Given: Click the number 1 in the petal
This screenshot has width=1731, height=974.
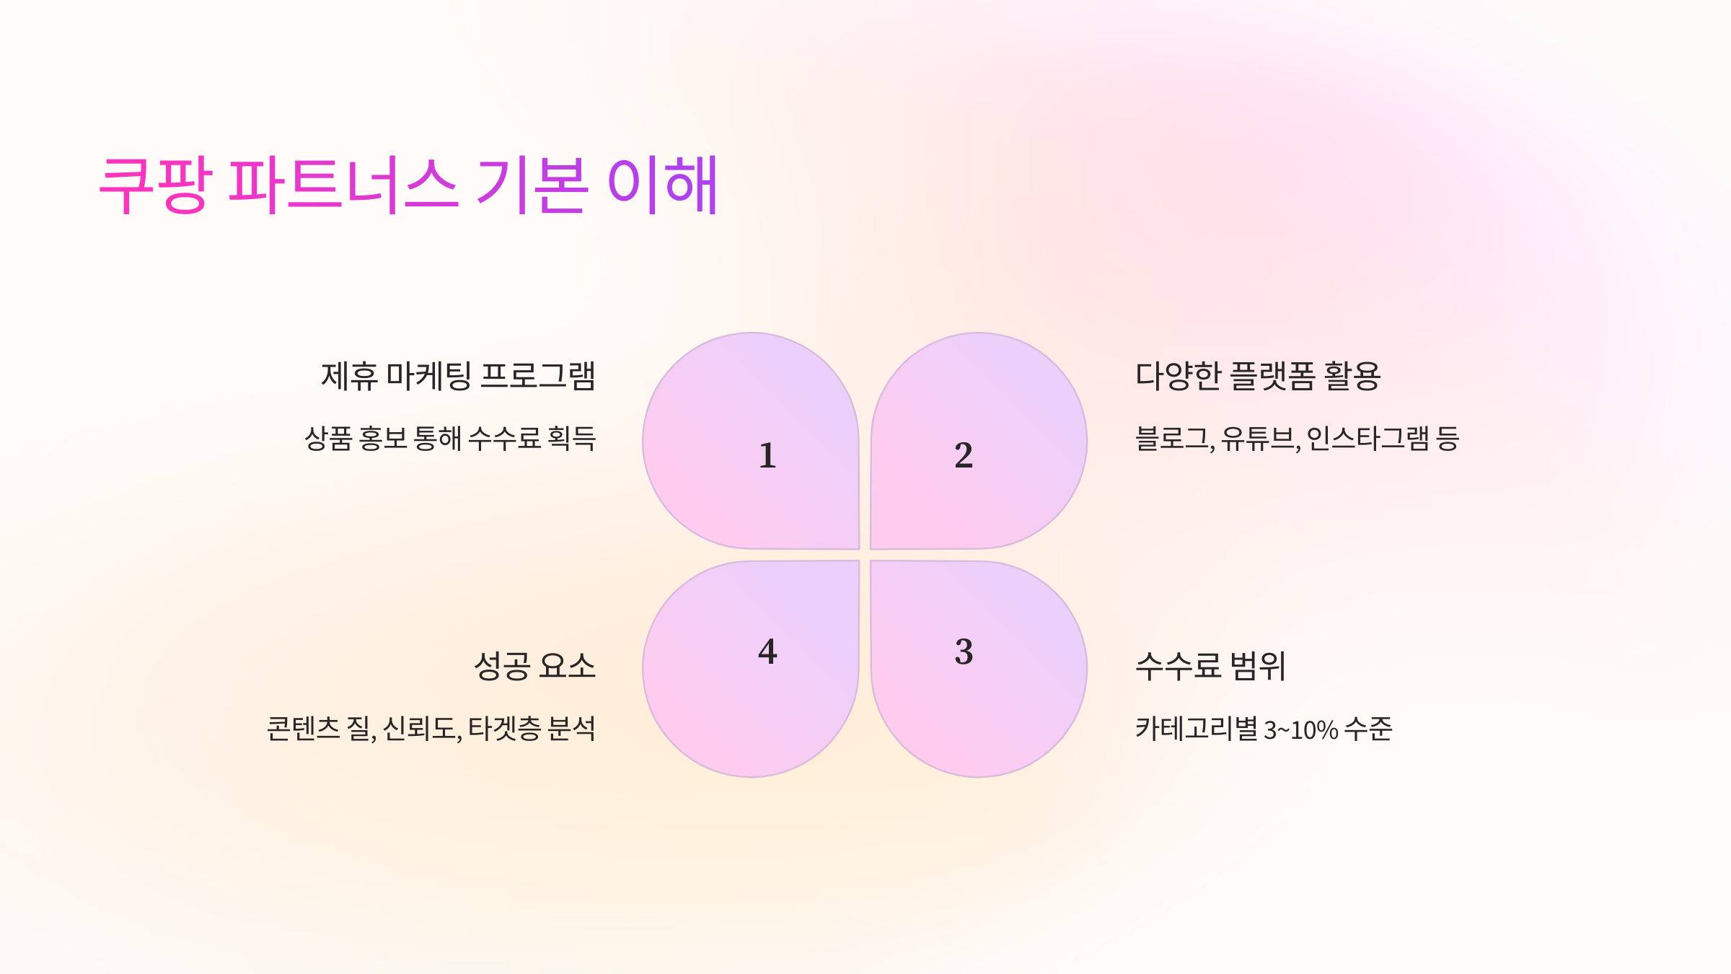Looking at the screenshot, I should point(767,456).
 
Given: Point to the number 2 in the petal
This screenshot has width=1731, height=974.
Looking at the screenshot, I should point(964,456).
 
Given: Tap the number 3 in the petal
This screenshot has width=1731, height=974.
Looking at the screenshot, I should point(964,652).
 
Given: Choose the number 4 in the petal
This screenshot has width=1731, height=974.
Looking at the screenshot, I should point(767,652).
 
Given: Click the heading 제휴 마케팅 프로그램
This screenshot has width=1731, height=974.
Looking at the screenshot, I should point(458,376).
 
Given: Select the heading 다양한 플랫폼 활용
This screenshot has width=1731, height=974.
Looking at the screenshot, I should point(1258,376).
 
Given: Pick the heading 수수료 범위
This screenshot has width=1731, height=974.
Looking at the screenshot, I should point(1210,666).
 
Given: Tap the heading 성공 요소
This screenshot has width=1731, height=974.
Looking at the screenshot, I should point(534,666).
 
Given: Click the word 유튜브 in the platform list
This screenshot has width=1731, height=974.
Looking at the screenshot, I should point(1259,439).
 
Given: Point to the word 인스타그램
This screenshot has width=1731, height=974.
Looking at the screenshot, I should point(1367,439).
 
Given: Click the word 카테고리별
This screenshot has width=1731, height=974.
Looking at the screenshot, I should point(1196,729).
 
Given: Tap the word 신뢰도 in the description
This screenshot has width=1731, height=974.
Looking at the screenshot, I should point(422,729).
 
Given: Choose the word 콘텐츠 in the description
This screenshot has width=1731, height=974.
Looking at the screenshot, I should point(303,729).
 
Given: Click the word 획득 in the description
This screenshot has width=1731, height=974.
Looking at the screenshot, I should point(572,439).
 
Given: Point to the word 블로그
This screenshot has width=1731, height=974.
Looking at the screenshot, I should point(1173,439).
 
